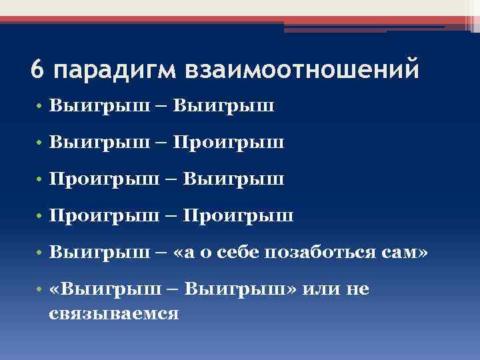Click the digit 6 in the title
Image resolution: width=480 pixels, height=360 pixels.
tap(38, 69)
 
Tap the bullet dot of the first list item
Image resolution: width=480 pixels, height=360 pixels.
tap(41, 107)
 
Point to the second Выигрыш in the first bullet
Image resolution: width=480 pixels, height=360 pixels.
tap(229, 106)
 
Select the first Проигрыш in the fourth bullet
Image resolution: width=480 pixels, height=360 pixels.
tap(105, 216)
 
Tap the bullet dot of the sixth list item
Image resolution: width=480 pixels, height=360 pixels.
tap(41, 289)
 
